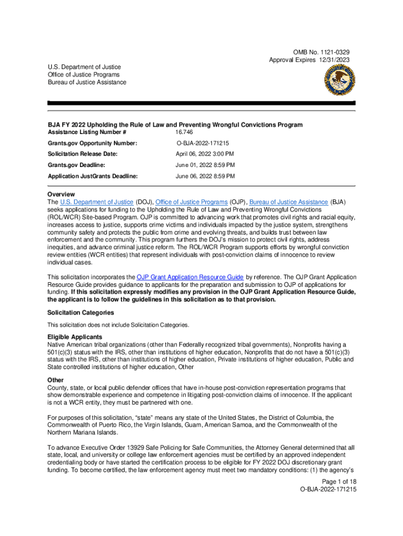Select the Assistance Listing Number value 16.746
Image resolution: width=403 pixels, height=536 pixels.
click(x=185, y=132)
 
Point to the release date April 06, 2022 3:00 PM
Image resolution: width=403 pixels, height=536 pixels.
click(x=205, y=154)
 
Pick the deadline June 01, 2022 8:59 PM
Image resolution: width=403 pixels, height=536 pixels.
click(x=205, y=165)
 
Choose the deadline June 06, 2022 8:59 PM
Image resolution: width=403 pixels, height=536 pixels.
click(x=205, y=176)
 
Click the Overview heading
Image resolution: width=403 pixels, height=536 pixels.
click(x=61, y=194)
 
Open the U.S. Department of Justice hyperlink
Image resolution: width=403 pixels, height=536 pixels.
click(x=97, y=202)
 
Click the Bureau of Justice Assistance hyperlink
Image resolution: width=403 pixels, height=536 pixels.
click(x=288, y=202)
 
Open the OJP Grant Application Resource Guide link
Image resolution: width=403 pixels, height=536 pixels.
click(x=190, y=277)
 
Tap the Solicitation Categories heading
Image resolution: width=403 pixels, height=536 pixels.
click(x=81, y=312)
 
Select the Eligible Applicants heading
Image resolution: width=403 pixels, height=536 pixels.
click(x=75, y=337)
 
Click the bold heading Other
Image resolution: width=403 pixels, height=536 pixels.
click(x=55, y=380)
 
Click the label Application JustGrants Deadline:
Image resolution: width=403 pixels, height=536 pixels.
click(x=93, y=176)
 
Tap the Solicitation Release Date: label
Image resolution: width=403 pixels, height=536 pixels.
click(x=83, y=154)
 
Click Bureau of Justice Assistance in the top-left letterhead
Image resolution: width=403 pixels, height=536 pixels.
click(x=87, y=83)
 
